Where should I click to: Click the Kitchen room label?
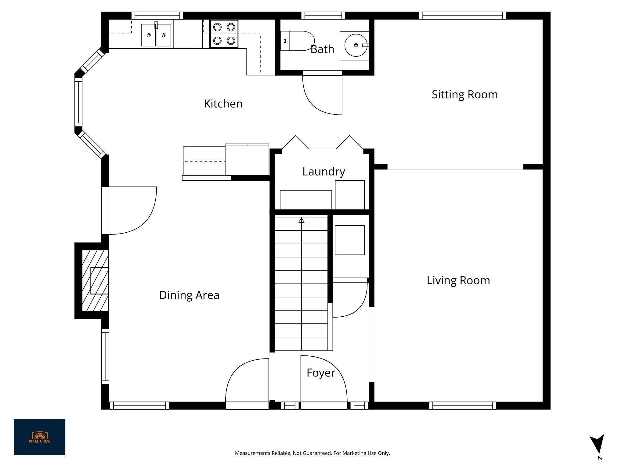click(223, 104)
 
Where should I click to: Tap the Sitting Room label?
click(464, 95)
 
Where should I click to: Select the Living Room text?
click(458, 281)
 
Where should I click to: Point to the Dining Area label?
click(189, 295)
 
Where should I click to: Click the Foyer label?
click(321, 373)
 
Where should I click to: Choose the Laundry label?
click(323, 172)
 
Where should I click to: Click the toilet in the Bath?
click(298, 41)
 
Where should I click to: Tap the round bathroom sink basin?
click(356, 45)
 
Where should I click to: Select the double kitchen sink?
click(156, 35)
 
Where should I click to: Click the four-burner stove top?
click(224, 34)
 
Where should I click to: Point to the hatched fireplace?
click(95, 281)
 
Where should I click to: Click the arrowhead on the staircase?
click(302, 220)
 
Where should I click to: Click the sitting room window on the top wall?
click(462, 16)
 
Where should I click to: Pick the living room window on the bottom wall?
click(463, 405)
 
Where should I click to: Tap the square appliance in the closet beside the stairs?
click(350, 240)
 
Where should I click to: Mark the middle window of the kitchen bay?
click(78, 102)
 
